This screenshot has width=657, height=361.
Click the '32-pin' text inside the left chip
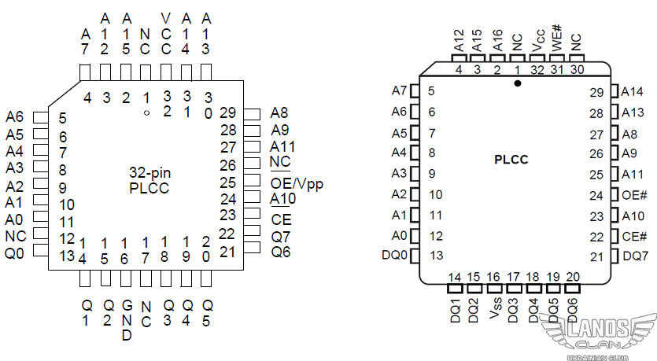point(149,172)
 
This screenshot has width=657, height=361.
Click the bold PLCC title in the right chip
point(511,160)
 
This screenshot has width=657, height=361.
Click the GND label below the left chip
point(126,319)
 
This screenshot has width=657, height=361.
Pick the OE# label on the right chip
point(633,195)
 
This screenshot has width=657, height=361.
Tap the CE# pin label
point(633,236)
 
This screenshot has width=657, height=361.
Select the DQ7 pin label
point(636,256)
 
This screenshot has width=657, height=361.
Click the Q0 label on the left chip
point(15,253)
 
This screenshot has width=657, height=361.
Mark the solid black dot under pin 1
point(518,83)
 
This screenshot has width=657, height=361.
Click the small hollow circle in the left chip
point(146,112)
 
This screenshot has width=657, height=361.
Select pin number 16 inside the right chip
point(493,276)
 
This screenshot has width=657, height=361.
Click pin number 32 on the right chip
point(537,69)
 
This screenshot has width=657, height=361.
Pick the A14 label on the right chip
point(633,91)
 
